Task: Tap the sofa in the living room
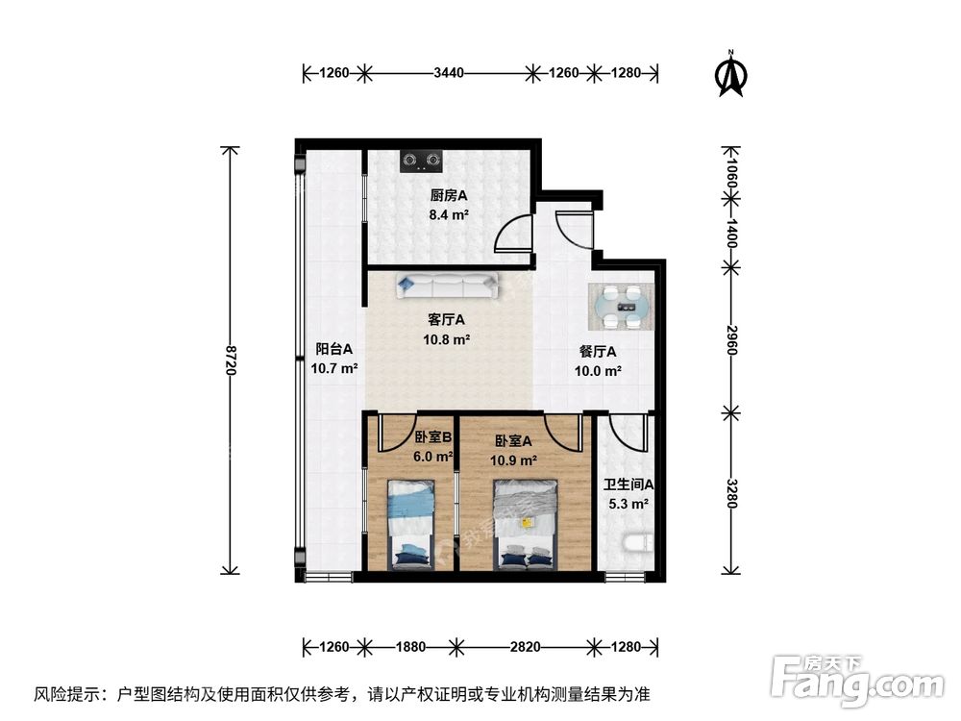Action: click(x=445, y=285)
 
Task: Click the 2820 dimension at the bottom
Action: click(x=525, y=646)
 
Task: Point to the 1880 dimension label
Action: click(x=410, y=646)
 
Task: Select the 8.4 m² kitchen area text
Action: click(x=449, y=216)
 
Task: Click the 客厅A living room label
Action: click(x=448, y=320)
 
